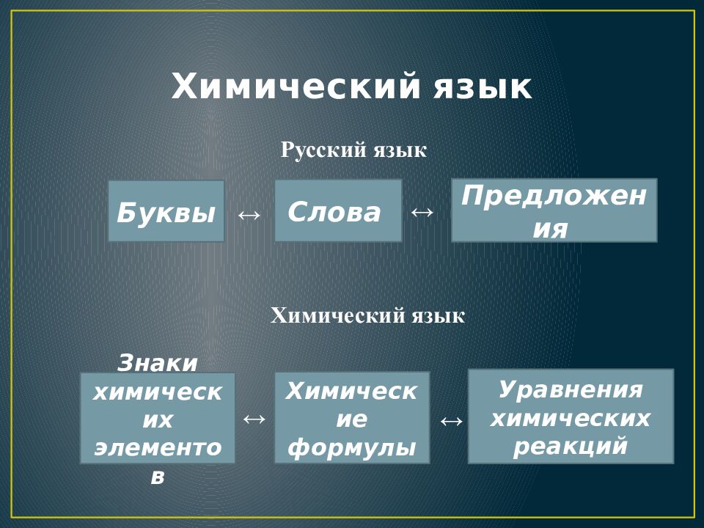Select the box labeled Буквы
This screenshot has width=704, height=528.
(166, 211)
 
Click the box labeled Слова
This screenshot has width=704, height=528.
(338, 210)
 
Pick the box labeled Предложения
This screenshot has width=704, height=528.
(554, 210)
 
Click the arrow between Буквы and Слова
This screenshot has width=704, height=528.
(249, 214)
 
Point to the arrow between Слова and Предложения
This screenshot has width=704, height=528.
(422, 212)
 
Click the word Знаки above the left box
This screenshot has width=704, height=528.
(158, 362)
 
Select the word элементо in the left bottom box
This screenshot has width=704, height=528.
(158, 448)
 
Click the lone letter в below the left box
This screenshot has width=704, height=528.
(158, 476)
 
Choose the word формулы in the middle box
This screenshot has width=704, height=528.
(351, 447)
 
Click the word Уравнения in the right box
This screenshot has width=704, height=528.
(571, 389)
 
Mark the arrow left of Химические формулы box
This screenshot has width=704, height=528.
(254, 419)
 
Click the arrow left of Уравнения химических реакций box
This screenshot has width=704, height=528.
(451, 421)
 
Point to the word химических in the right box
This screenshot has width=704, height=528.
(571, 418)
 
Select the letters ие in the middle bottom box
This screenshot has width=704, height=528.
(351, 420)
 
